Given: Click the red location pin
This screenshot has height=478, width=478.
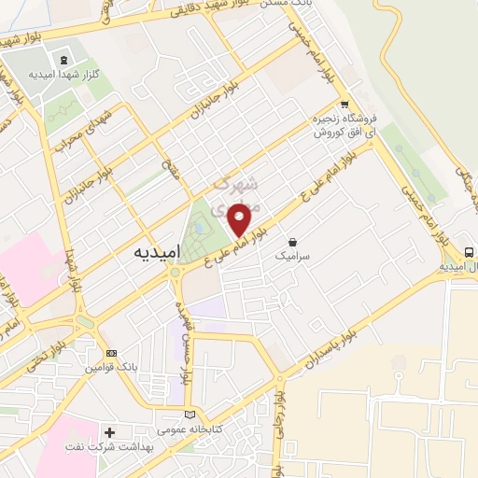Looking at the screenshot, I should click(x=240, y=221).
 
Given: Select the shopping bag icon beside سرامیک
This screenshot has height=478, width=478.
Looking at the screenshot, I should click(x=294, y=240).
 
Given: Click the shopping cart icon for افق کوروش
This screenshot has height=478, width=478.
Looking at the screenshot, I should click(x=344, y=105).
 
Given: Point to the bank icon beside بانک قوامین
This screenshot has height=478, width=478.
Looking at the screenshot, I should click(x=113, y=354).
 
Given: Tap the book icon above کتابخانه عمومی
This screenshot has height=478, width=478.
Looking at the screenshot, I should click(x=191, y=414).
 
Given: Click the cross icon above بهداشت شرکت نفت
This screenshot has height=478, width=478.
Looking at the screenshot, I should click(x=110, y=433).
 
